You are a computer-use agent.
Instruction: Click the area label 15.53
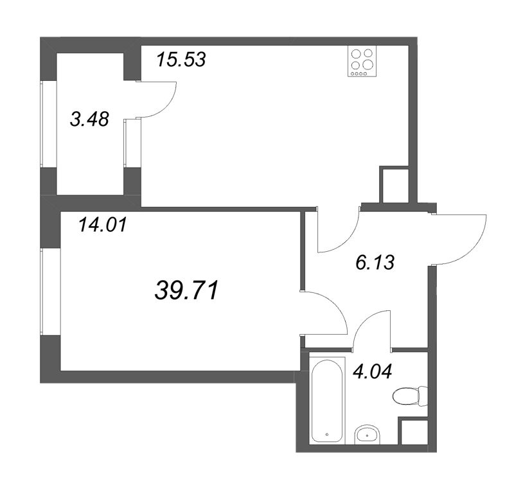coord(181,60)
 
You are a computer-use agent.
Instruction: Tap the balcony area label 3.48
coord(89,119)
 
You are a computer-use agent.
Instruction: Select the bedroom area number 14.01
coord(103,225)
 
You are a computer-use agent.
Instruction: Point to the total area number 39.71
coord(186,290)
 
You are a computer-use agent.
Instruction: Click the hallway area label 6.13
coord(375,263)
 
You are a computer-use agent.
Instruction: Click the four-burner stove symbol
coord(362,61)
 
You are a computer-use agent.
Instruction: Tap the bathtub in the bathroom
coord(327,400)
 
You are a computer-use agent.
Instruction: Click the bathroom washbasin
coord(367,434)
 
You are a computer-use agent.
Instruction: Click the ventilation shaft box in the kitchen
coord(394,184)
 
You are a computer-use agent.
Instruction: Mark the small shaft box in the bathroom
coord(413,431)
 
